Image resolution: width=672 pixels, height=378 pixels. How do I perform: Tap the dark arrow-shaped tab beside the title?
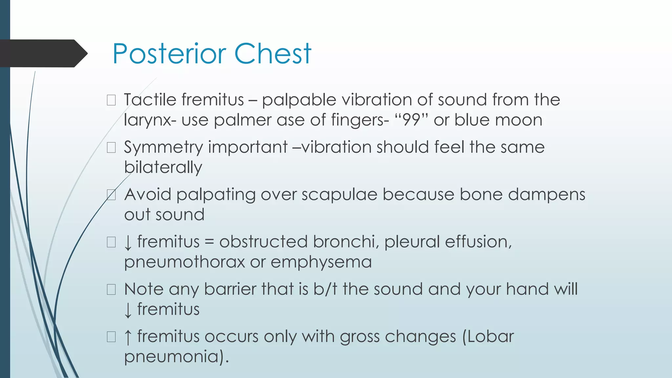point(43,53)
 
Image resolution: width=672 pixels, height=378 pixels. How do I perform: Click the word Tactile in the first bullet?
point(151,99)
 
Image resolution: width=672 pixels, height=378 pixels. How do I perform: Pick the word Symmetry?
point(163,148)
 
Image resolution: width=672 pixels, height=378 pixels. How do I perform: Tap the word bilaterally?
point(163,167)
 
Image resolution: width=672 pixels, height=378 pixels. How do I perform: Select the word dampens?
point(547,195)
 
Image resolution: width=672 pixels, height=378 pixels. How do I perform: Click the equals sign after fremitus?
point(209,242)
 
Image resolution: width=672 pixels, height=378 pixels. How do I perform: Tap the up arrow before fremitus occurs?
point(128,337)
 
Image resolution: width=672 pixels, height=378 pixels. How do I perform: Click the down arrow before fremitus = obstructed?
point(128,243)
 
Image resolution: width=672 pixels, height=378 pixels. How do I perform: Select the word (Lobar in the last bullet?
point(488,337)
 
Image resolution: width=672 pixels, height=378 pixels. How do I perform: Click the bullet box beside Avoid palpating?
point(111,195)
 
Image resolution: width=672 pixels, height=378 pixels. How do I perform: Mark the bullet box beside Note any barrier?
point(111,289)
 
